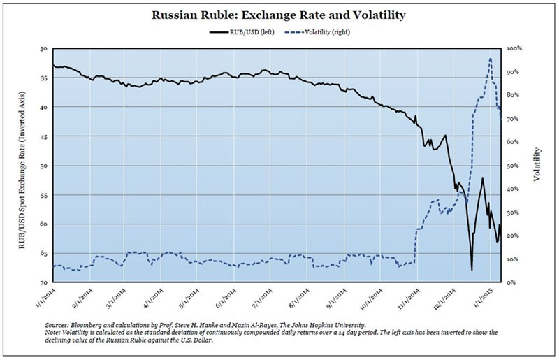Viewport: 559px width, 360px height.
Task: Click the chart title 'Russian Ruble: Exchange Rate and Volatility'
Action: [279, 15]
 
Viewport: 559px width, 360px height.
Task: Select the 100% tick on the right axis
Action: [514, 49]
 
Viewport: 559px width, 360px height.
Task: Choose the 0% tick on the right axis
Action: [511, 282]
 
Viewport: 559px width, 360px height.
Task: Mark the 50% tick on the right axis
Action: [513, 166]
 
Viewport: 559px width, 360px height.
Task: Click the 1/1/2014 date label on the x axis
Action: [46, 297]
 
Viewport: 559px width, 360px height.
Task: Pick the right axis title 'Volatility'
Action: [537, 165]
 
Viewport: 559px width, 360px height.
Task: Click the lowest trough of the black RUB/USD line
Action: [472, 270]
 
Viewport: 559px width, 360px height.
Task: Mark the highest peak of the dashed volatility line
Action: [491, 59]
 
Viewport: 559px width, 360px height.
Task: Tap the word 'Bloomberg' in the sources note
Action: [98, 326]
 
